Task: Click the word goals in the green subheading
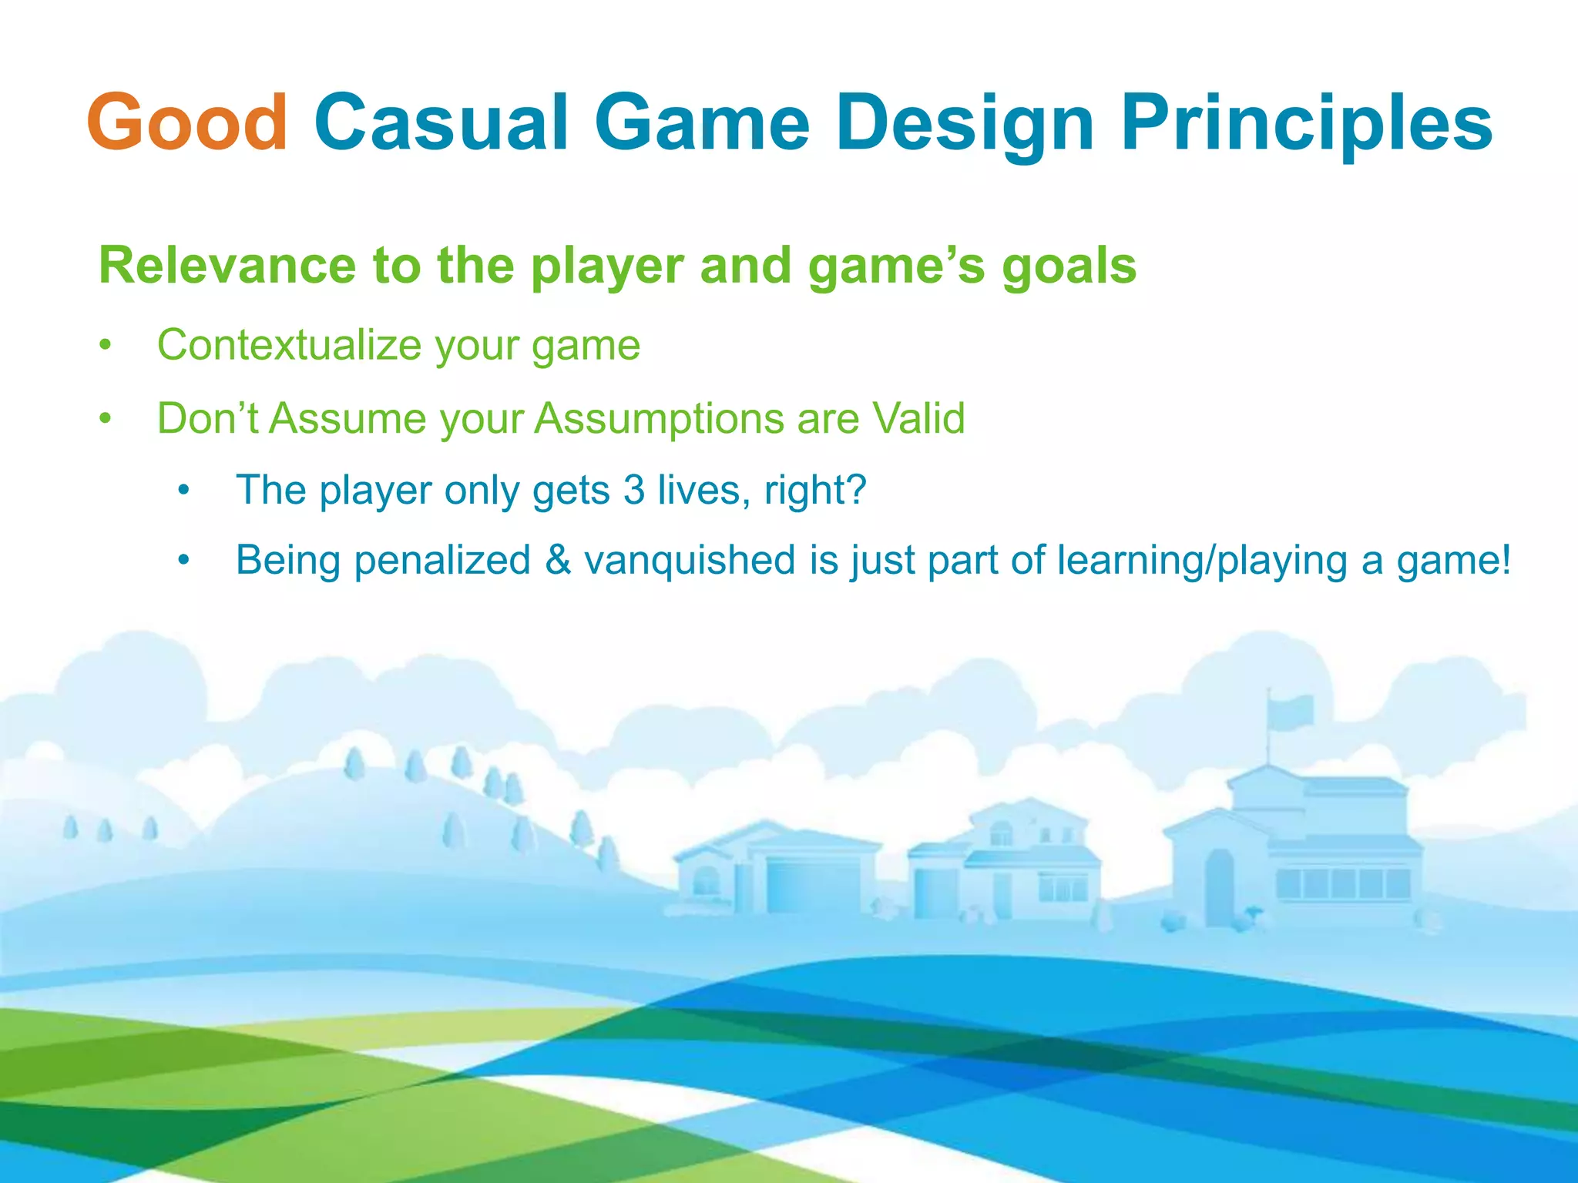click(x=1069, y=266)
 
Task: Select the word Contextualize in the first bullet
click(x=289, y=344)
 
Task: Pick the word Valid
click(x=918, y=418)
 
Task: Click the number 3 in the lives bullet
click(x=634, y=490)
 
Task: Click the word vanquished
click(x=690, y=560)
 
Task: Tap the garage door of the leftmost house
click(x=813, y=886)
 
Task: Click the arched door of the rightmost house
click(x=1219, y=886)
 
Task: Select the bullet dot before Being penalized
click(x=183, y=561)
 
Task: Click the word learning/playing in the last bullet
click(x=1202, y=560)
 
